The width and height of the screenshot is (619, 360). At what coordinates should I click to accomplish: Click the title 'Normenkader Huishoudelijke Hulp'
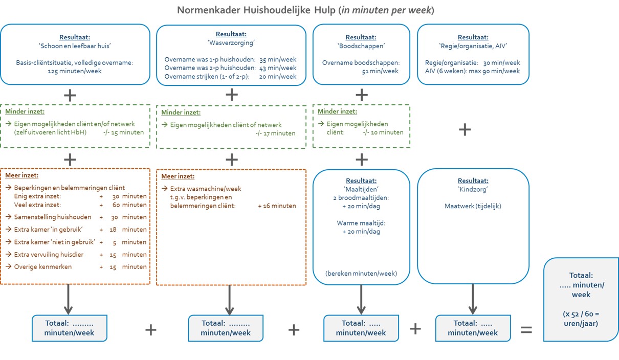(257, 10)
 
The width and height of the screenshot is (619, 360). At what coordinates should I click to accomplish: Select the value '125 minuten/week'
(75, 71)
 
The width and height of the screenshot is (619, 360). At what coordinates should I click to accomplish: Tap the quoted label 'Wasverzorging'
(231, 43)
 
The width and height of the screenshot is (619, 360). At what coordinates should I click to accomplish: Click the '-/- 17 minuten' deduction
(276, 133)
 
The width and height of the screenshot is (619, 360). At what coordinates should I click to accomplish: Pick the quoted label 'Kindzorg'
(473, 189)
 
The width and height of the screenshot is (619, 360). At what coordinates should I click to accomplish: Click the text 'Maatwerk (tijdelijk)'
(473, 206)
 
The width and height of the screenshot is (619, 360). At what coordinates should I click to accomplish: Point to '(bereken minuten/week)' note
(361, 273)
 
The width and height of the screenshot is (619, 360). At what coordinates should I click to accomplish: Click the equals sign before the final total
(526, 330)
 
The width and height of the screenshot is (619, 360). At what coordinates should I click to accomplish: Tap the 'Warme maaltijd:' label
(361, 223)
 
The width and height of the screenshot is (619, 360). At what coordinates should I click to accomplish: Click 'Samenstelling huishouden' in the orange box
(53, 217)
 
